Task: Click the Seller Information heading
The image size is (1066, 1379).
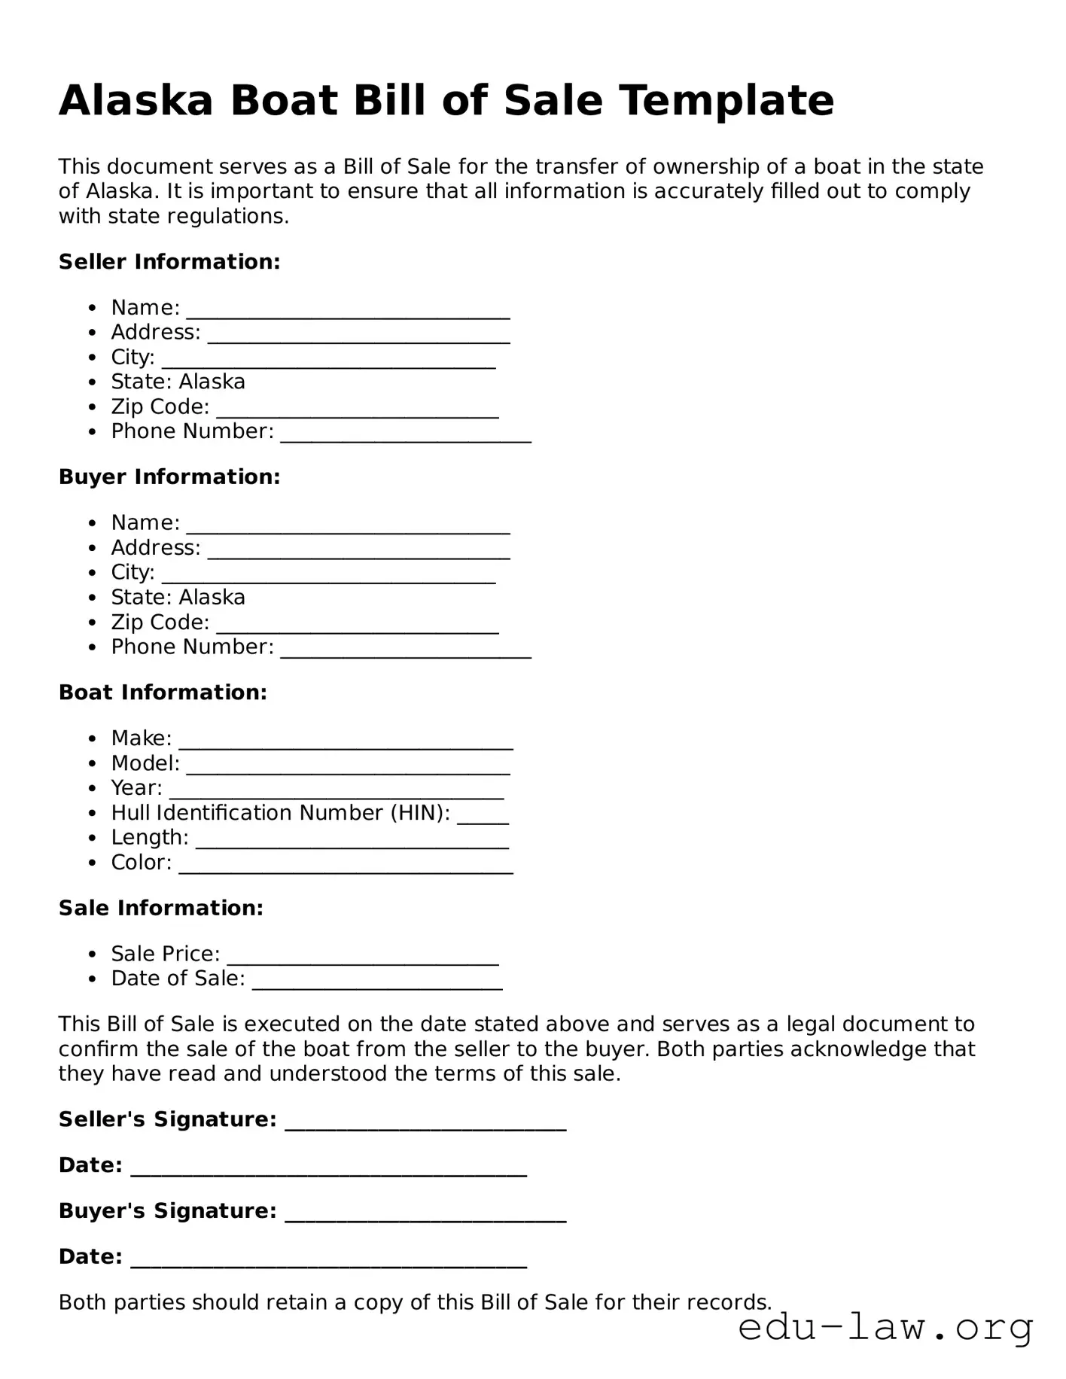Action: point(169,262)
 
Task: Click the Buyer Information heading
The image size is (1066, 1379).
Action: point(169,477)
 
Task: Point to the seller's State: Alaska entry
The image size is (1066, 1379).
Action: point(178,382)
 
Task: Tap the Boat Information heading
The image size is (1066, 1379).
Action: point(163,693)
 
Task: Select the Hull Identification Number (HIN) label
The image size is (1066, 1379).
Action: point(280,813)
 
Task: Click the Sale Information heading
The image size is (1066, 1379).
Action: point(161,909)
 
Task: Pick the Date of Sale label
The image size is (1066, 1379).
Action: point(178,979)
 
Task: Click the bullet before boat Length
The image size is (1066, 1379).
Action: point(93,839)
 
